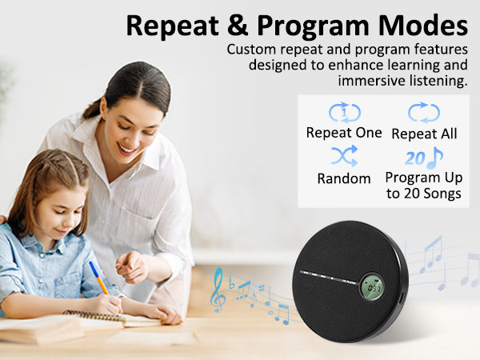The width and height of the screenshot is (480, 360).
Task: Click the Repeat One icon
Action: pos(345,113)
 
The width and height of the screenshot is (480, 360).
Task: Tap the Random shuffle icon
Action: pos(344,154)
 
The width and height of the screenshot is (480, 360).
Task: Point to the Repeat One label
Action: pos(344,133)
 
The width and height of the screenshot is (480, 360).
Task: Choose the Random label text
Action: pos(344,178)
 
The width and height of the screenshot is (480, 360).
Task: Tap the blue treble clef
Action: pos(218,290)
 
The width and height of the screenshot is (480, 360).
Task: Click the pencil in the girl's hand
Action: pos(98,277)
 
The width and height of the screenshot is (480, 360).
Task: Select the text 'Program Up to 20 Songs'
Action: pos(423,186)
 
